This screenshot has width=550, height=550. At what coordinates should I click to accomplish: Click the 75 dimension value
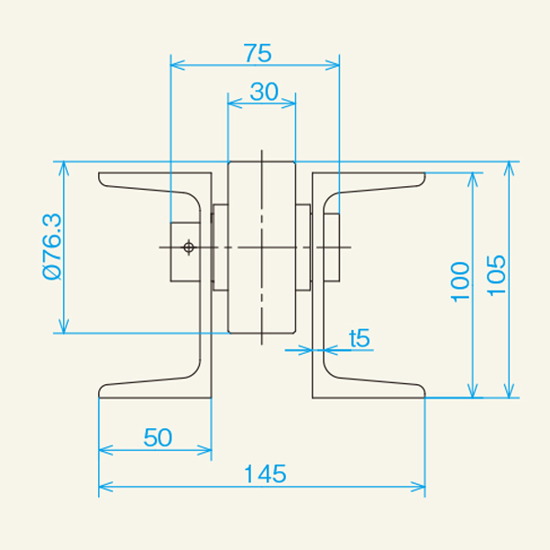pos(258,53)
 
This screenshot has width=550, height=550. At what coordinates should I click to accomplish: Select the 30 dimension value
pos(263,92)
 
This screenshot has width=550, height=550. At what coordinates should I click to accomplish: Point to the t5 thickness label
pos(360,337)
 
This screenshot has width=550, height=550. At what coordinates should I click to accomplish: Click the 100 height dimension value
pos(461,282)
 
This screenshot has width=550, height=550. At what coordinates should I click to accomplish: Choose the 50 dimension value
pos(158,437)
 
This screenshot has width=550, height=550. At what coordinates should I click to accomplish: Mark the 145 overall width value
pos(266,474)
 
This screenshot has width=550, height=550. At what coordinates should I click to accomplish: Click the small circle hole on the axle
pos(189,247)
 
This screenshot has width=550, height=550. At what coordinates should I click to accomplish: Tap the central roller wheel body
pos(262,247)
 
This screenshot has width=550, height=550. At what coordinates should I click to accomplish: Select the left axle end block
pos(184,249)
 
